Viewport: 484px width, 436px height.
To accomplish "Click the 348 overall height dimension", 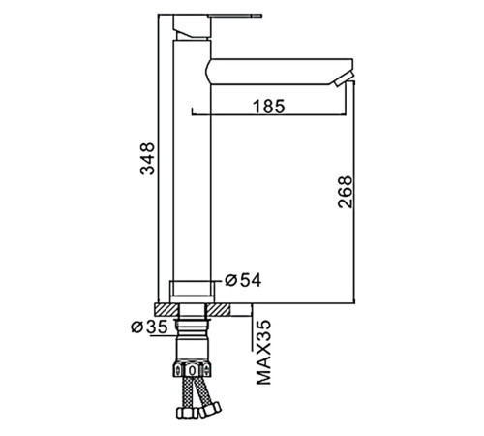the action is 147,159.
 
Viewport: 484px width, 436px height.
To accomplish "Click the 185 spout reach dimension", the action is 269,107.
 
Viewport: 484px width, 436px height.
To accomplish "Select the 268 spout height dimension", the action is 346,192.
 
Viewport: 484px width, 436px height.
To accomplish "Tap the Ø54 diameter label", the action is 243,280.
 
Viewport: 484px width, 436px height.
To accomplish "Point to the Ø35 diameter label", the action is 149,327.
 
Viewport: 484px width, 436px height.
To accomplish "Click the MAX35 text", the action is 263,352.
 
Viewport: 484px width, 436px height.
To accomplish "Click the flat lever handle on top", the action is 235,16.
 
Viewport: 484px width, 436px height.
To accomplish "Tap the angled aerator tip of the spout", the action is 345,79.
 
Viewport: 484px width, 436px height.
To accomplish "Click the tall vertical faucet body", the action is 192,161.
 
